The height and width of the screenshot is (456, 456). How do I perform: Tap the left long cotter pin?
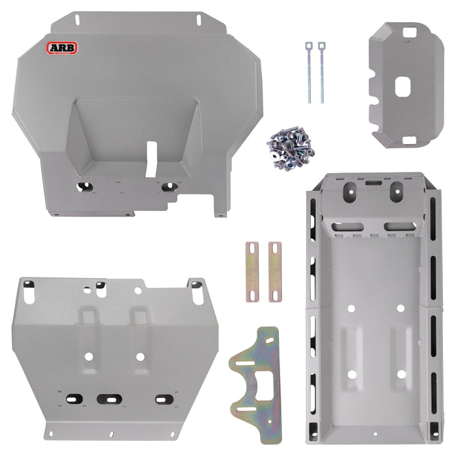click(309, 72)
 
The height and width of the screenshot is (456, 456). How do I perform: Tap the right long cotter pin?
click(322, 72)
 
